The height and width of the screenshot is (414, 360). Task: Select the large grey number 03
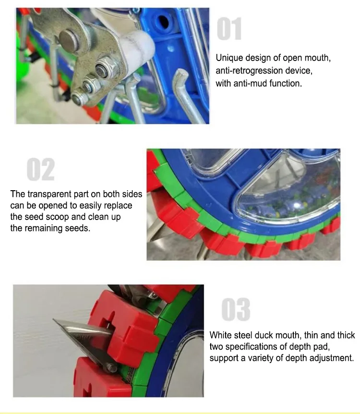(x=236, y=310)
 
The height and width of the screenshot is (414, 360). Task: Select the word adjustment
(x=332, y=358)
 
